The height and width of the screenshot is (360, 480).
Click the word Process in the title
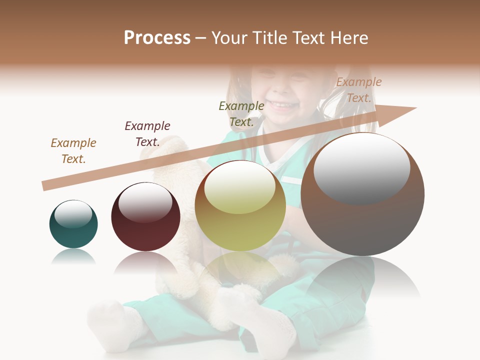[157, 38]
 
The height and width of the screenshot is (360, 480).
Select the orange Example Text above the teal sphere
[73, 151]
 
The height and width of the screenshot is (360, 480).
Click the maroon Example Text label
[147, 134]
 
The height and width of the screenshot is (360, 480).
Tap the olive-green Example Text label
[241, 113]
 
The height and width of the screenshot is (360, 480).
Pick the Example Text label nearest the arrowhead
[358, 90]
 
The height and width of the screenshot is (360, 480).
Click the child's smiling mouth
[283, 105]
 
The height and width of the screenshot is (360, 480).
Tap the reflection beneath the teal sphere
[73, 257]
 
